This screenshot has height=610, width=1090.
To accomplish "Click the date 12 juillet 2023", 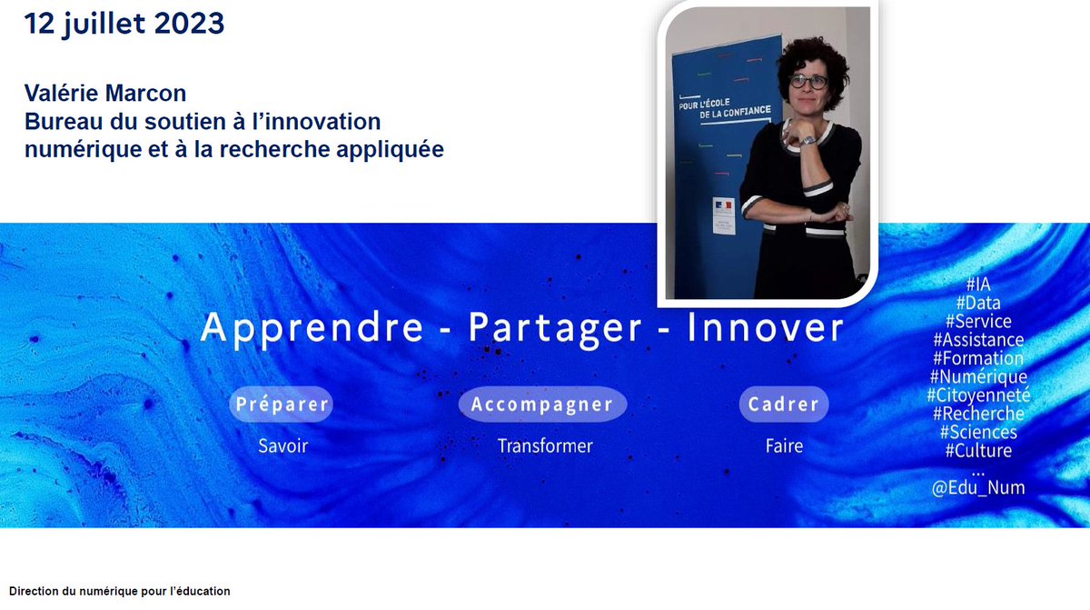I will (124, 25).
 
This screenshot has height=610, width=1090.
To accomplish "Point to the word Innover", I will (766, 328).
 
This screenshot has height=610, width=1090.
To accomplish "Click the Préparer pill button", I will (282, 405).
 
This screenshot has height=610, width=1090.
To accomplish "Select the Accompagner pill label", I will (542, 405).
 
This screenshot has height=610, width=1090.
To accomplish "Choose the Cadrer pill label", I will (783, 405).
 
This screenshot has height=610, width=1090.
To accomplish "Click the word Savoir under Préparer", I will (282, 446).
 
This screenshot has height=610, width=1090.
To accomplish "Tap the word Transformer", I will (544, 446).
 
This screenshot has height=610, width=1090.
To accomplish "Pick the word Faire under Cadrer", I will (783, 446).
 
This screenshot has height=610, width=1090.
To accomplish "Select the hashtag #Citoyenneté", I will (978, 395).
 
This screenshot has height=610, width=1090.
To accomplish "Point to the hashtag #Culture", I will (978, 450).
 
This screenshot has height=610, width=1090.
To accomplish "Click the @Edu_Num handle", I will (978, 488).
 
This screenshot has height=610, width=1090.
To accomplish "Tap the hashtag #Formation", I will (978, 358).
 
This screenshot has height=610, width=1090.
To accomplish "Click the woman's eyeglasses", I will (808, 82).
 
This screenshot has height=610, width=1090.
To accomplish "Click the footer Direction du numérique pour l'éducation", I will (120, 591).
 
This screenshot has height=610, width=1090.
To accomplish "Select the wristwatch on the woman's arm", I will (805, 139).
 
